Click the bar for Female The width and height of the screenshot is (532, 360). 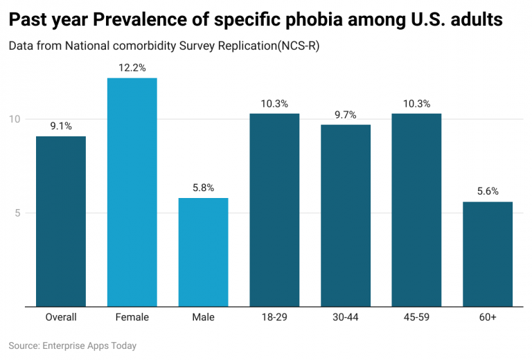pyautogui.click(x=132, y=192)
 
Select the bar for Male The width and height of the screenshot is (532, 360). pyautogui.click(x=203, y=252)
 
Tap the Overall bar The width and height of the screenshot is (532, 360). pyautogui.click(x=61, y=221)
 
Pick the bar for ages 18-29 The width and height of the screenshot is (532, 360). pyautogui.click(x=274, y=210)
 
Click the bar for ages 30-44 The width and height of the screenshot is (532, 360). pyautogui.click(x=345, y=215)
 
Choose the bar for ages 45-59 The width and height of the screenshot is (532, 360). pyautogui.click(x=416, y=210)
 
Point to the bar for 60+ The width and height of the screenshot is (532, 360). pyautogui.click(x=488, y=254)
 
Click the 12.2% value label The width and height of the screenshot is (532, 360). pyautogui.click(x=132, y=68)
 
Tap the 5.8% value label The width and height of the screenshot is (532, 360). pyautogui.click(x=203, y=188)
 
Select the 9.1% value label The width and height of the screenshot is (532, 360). pyautogui.click(x=61, y=126)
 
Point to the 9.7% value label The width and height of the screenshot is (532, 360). pyautogui.click(x=345, y=115)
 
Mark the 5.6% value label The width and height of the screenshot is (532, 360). pyautogui.click(x=488, y=192)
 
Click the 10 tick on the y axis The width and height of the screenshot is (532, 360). pyautogui.click(x=15, y=119)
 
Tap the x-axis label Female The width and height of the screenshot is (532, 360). pyautogui.click(x=132, y=317)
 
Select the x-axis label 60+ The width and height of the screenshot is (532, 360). pyautogui.click(x=488, y=317)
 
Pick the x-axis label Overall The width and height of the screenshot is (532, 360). pyautogui.click(x=61, y=317)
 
